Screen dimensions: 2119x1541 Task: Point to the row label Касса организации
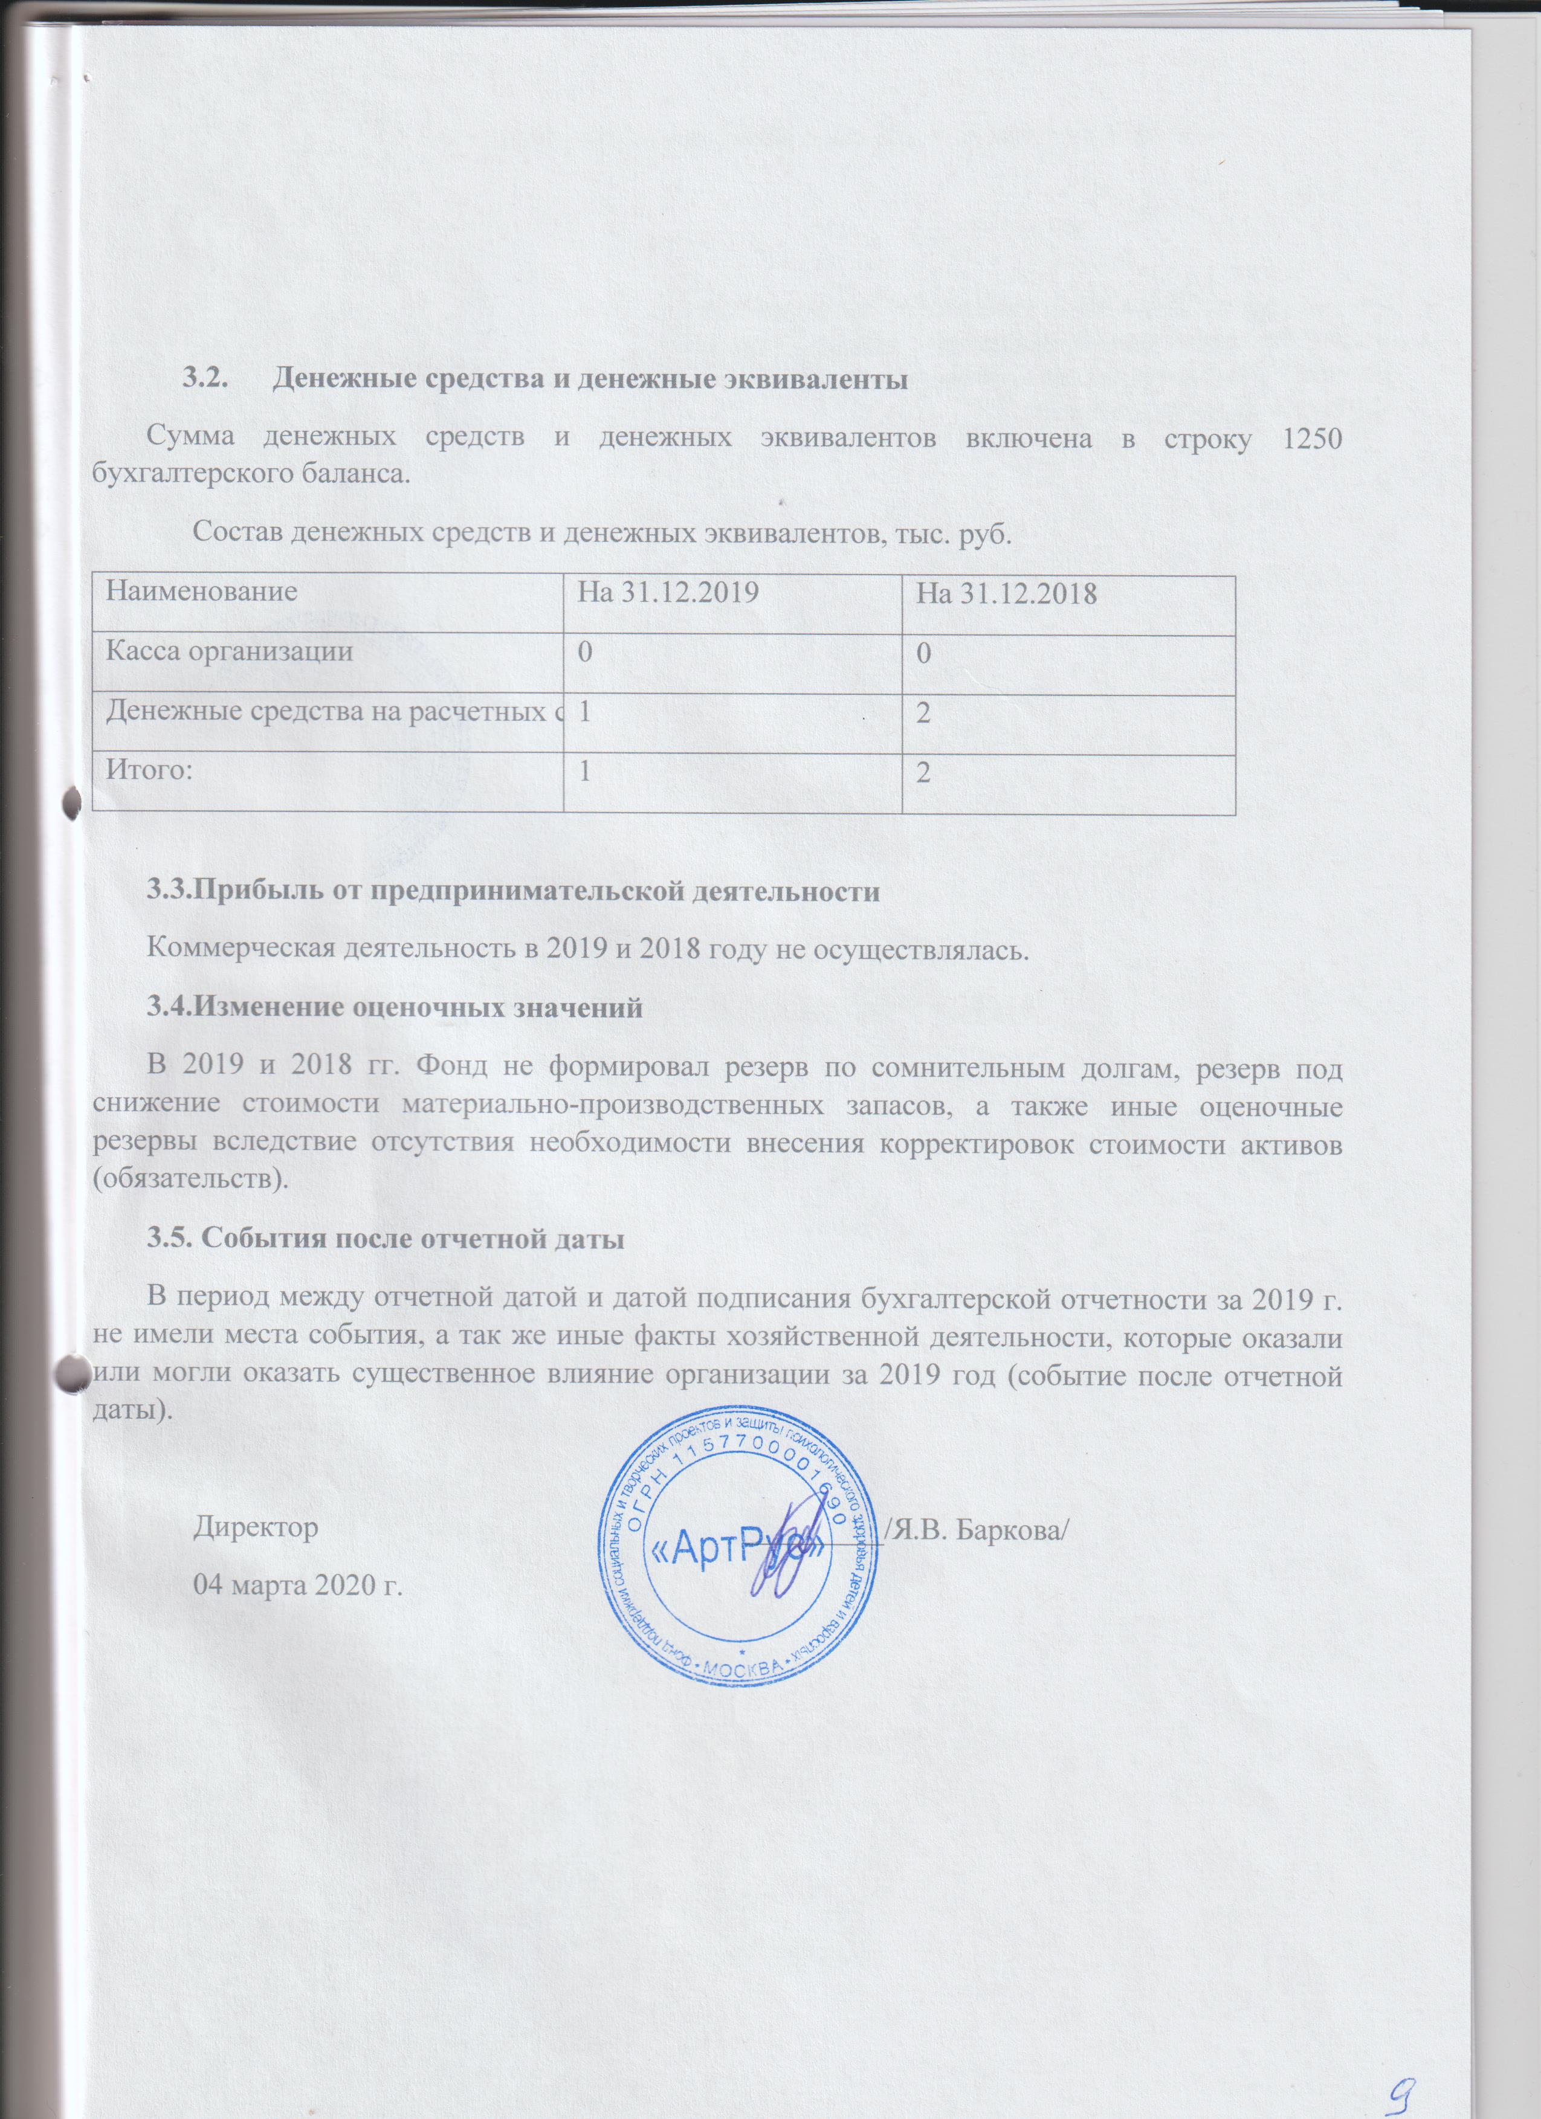point(229,651)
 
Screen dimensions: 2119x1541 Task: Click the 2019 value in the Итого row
point(584,772)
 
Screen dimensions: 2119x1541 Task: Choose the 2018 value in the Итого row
point(923,772)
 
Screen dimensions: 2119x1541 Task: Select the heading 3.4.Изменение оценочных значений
point(395,1008)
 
